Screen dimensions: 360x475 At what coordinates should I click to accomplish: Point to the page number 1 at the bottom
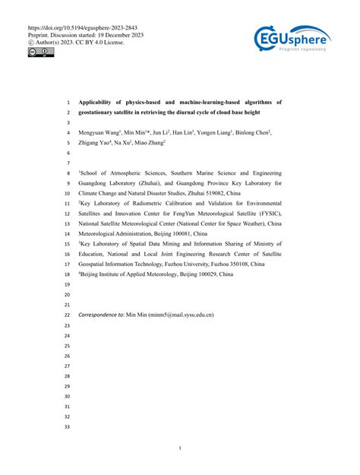(x=180, y=448)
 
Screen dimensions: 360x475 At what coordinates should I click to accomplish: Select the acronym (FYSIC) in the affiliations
(x=266, y=214)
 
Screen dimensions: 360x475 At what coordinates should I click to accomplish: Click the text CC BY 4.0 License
(x=99, y=42)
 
